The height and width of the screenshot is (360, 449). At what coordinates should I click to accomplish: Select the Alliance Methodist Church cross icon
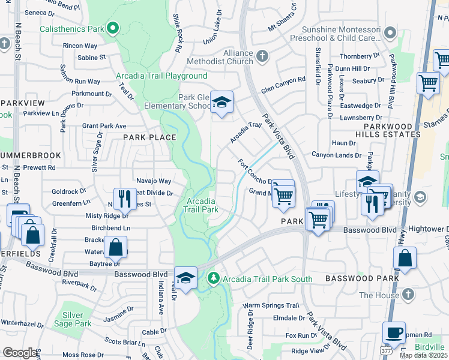262,56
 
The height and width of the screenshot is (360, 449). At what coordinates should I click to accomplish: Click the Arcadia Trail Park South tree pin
213,278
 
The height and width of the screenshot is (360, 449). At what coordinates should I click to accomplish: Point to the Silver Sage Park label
73,319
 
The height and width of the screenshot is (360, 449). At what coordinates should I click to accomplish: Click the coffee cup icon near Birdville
394,332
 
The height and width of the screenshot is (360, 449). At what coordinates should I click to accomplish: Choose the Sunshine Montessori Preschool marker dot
390,32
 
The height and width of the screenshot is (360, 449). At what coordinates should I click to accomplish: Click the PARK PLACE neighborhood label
150,137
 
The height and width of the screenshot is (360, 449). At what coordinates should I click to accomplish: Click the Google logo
20,353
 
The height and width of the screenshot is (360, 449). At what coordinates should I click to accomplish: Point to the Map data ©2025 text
424,355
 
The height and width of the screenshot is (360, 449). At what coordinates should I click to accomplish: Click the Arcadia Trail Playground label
161,76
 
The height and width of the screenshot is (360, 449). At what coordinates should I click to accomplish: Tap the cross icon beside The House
408,295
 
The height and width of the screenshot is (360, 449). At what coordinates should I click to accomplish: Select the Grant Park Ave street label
104,126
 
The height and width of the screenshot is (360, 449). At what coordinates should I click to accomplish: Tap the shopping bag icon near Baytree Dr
114,247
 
